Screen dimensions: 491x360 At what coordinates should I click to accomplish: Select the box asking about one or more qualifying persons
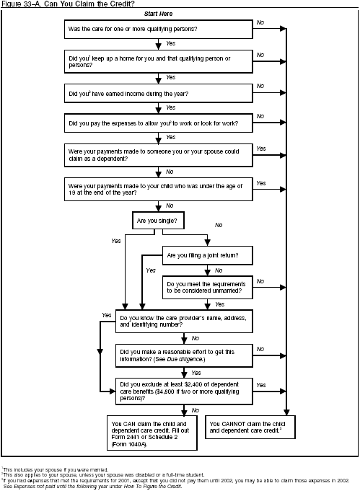pyautogui.click(x=158, y=29)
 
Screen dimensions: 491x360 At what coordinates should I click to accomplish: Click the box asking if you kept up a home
pyautogui.click(x=158, y=60)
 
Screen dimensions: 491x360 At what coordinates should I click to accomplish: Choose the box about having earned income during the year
pyautogui.click(x=158, y=92)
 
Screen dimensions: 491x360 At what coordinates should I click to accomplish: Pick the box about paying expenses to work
pyautogui.click(x=158, y=123)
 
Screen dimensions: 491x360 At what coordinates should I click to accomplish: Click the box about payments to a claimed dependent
pyautogui.click(x=158, y=154)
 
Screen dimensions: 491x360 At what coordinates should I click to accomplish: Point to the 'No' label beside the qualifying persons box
pyautogui.click(x=260, y=23)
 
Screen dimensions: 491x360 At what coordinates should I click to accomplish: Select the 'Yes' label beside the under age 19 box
pyautogui.click(x=260, y=183)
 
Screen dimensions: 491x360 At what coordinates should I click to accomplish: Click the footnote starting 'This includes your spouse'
pyautogui.click(x=55, y=469)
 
